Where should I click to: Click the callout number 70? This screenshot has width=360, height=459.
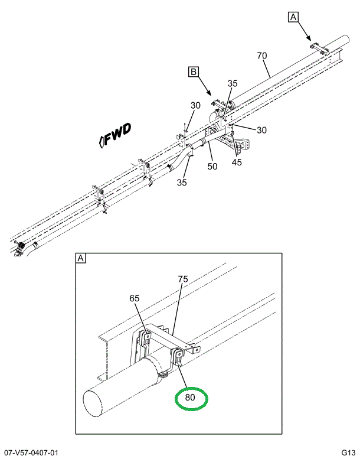(x=262, y=56)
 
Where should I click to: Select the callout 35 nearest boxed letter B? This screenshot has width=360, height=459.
(x=233, y=84)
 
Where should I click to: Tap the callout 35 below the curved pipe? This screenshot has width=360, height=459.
(x=182, y=183)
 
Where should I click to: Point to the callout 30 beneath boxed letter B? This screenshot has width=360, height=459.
(x=195, y=105)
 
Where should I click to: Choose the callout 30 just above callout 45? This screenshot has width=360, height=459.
(x=261, y=130)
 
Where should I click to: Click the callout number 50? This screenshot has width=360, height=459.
(x=212, y=167)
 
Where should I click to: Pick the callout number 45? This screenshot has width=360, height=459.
(x=237, y=162)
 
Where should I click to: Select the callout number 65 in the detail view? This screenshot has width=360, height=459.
(x=135, y=298)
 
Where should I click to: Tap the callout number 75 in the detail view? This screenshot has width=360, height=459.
(x=183, y=279)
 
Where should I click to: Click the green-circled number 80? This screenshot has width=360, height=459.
(x=191, y=398)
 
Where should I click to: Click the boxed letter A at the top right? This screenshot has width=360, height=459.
(x=293, y=17)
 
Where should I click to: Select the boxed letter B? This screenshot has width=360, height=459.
(x=193, y=72)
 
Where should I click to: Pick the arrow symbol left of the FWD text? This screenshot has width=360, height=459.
(x=103, y=140)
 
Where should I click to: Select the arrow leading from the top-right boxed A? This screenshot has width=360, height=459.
(x=305, y=31)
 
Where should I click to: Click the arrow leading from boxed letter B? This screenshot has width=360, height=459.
(x=205, y=86)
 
